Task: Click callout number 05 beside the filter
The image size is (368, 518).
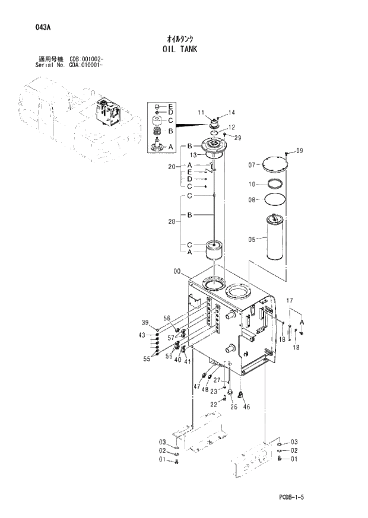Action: click(252, 240)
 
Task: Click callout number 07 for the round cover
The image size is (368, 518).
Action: click(252, 165)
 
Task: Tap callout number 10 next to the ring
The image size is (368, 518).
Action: click(252, 184)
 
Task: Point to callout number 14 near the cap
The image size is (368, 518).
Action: click(231, 112)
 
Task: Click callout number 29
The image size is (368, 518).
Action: click(238, 138)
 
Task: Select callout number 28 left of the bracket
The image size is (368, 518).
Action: click(172, 221)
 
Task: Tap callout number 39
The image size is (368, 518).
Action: click(144, 323)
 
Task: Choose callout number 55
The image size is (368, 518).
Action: click(147, 358)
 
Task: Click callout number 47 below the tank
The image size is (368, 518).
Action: click(197, 386)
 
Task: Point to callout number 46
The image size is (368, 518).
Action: click(247, 407)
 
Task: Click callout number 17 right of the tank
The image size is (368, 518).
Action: click(290, 301)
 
